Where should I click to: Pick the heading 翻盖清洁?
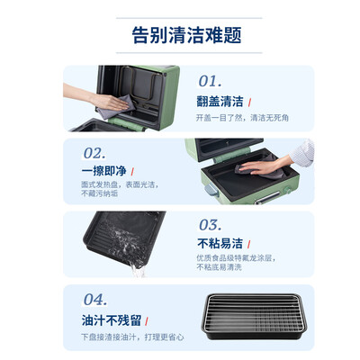[x=219, y=101]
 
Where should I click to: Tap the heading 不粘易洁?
[x=219, y=244]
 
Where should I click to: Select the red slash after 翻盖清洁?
[x=249, y=101]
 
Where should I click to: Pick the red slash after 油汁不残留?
[x=149, y=318]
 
